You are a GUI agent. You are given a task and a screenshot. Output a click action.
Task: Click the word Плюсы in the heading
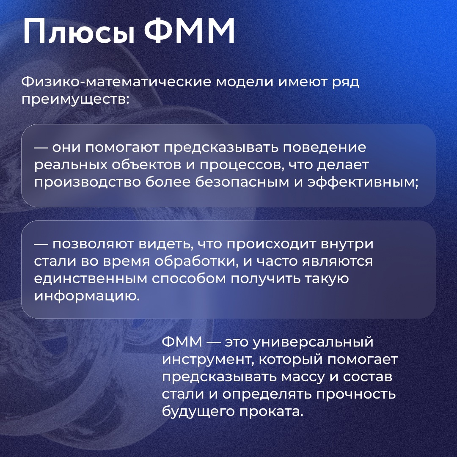point(79,33)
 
